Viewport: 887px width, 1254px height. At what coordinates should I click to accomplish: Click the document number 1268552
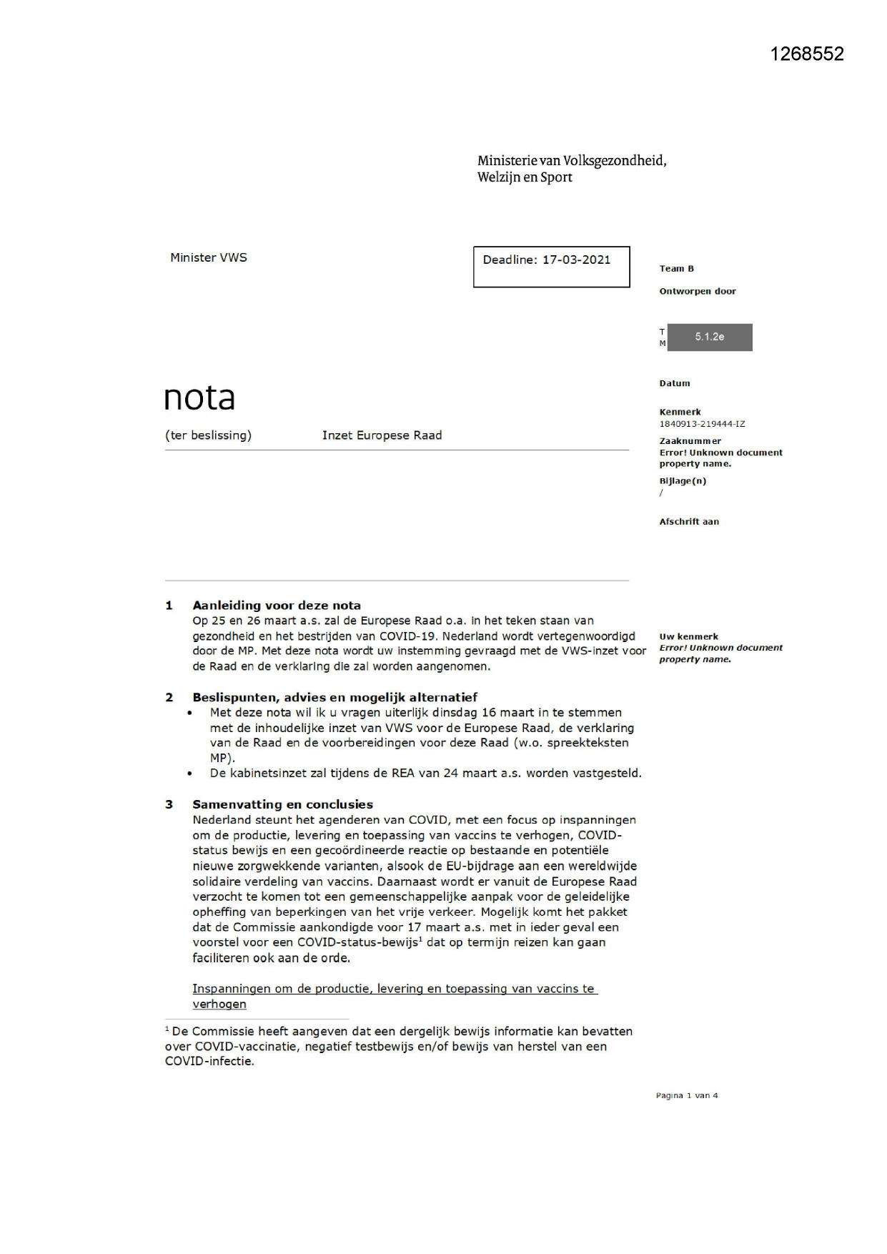point(807,54)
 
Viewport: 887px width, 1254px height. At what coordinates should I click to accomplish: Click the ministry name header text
point(571,169)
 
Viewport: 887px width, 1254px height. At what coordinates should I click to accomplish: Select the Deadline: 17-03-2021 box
point(551,267)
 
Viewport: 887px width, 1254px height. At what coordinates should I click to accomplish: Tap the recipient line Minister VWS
point(208,258)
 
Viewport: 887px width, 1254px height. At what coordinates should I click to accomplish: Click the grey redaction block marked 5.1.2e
point(709,337)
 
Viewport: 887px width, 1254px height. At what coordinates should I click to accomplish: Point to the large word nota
point(199,398)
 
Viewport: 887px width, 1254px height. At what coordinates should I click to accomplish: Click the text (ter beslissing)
point(208,435)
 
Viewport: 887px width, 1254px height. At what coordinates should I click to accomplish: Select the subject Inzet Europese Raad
point(382,435)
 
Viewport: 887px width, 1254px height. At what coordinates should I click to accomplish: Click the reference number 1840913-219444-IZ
point(701,424)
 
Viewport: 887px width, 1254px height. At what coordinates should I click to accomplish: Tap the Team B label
point(676,269)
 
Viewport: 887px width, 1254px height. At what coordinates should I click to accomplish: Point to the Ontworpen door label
point(697,291)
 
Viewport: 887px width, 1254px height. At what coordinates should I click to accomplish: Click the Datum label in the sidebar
point(674,383)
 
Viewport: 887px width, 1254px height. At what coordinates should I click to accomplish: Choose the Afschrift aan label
point(688,522)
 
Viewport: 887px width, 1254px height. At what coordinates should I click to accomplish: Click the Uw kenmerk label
point(688,636)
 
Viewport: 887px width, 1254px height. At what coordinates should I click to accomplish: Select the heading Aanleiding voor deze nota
point(277,606)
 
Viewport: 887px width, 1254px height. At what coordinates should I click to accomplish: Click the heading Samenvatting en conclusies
point(282,804)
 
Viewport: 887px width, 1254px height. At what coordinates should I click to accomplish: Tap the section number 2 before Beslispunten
point(169,697)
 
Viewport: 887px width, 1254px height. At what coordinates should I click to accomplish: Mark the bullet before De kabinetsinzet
point(189,774)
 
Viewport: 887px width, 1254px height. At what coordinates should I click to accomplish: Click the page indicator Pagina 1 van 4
point(686,1095)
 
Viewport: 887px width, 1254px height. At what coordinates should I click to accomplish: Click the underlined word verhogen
point(219,1004)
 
